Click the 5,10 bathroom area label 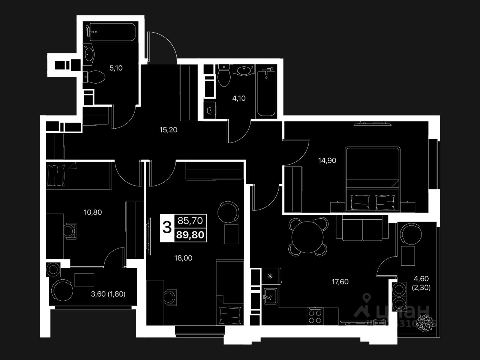pyautogui.click(x=116, y=68)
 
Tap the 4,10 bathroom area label pyautogui.click(x=239, y=99)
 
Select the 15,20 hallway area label pyautogui.click(x=168, y=130)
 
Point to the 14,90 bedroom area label pyautogui.click(x=327, y=160)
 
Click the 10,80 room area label pyautogui.click(x=93, y=212)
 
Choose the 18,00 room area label pyautogui.click(x=183, y=258)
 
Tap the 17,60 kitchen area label pyautogui.click(x=339, y=282)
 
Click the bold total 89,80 pyautogui.click(x=190, y=235)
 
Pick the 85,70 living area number pyautogui.click(x=190, y=221)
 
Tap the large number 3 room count pyautogui.click(x=166, y=227)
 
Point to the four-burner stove pyautogui.click(x=315, y=316)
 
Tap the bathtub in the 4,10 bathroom pyautogui.click(x=266, y=92)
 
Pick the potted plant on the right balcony pyautogui.click(x=425, y=323)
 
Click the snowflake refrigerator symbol pyautogui.click(x=270, y=277)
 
